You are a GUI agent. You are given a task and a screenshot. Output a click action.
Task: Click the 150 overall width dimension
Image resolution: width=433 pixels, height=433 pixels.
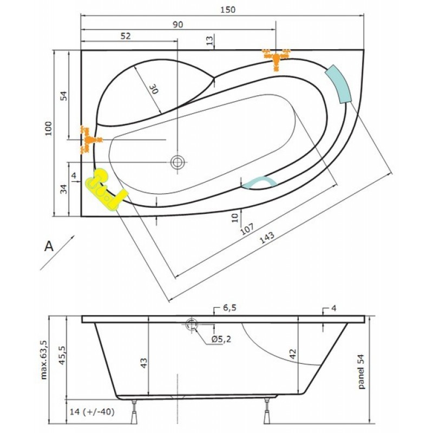(x=228, y=10)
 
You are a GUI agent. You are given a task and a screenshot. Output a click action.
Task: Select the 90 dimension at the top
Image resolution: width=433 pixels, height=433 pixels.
(x=178, y=24)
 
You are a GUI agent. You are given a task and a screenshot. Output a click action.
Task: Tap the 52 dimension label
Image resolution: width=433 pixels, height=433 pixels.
(x=126, y=36)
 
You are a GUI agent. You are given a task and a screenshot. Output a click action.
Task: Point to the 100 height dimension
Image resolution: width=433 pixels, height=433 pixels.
(x=49, y=128)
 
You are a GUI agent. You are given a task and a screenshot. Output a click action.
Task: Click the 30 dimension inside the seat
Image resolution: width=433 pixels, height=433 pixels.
(x=154, y=89)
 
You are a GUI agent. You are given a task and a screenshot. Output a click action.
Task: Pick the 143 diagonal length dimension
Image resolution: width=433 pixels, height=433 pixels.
(x=267, y=238)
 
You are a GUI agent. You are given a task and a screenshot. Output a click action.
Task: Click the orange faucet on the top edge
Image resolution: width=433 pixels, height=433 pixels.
(x=276, y=58)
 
